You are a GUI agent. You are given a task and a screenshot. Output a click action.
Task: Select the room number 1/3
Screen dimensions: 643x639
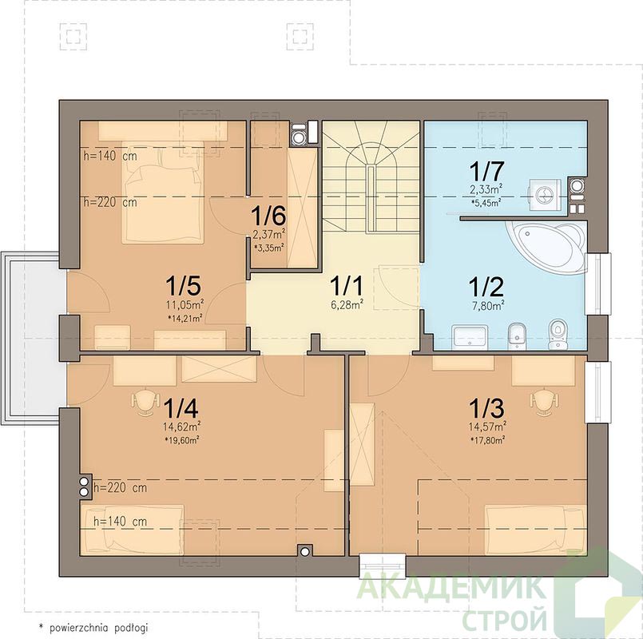click(x=486, y=407)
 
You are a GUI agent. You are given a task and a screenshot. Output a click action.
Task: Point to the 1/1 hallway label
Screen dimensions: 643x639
click(x=347, y=285)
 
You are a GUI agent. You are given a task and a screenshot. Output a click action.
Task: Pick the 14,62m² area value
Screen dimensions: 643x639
click(x=181, y=427)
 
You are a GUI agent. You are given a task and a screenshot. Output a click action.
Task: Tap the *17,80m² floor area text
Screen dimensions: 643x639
click(x=487, y=440)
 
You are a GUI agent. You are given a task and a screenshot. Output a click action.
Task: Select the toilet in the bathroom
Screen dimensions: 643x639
click(x=556, y=334)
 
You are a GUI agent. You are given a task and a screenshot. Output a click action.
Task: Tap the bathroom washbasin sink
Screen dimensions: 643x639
click(x=470, y=336)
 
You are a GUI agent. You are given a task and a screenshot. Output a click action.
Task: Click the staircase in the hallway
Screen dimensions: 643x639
click(x=371, y=177)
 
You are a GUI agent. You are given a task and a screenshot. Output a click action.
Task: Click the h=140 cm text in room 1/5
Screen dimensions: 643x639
click(x=110, y=157)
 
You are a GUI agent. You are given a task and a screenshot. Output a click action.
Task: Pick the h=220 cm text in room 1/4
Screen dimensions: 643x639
click(x=120, y=488)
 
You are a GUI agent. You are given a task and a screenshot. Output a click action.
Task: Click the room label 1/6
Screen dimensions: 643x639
click(x=268, y=216)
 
